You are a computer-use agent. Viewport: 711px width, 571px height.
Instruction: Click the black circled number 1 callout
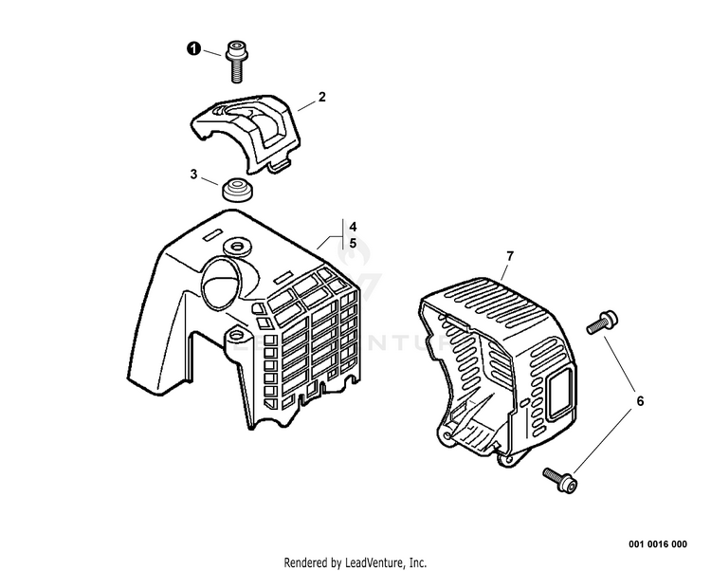tap(192, 50)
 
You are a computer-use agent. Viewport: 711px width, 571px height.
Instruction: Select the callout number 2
tap(321, 97)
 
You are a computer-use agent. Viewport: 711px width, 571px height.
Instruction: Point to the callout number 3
tap(193, 175)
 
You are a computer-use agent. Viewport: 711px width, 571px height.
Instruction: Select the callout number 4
tap(352, 227)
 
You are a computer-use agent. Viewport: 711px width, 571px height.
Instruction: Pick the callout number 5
tap(352, 243)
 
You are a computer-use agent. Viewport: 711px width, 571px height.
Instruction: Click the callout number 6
tap(639, 401)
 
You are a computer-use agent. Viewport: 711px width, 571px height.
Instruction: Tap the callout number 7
tap(509, 256)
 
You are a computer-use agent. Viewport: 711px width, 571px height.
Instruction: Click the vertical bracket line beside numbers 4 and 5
tap(340, 234)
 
